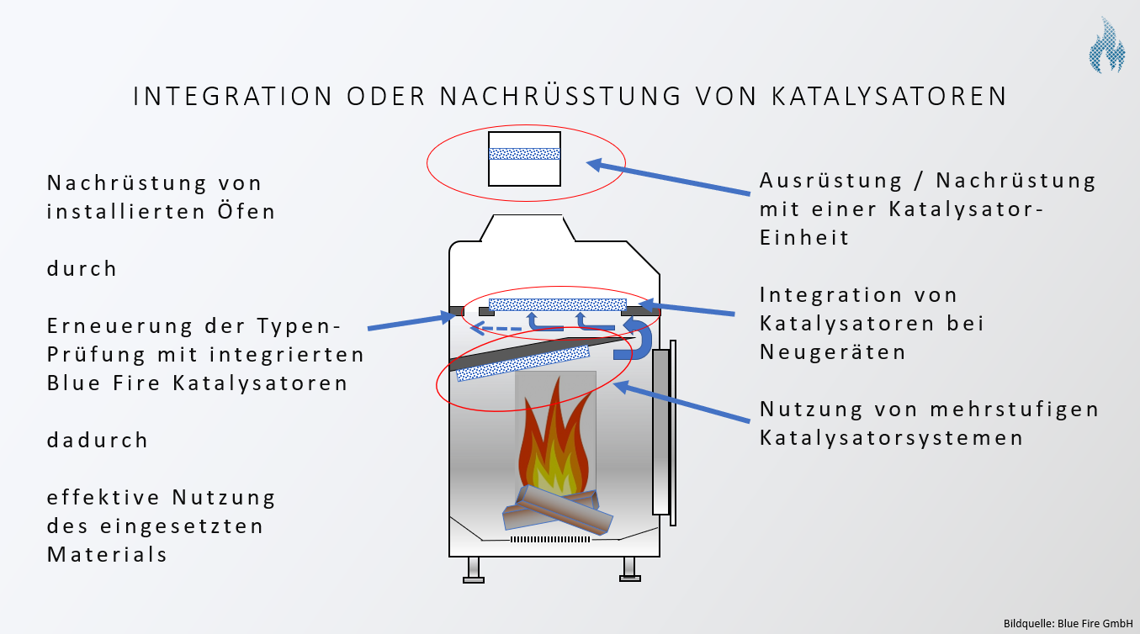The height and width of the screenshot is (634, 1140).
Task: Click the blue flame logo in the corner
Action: pyautogui.click(x=1107, y=45)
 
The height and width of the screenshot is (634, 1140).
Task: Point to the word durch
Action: pyautogui.click(x=82, y=269)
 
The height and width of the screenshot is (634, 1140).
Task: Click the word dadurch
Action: pyautogui.click(x=98, y=440)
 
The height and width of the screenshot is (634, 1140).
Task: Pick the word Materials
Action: pyautogui.click(x=107, y=554)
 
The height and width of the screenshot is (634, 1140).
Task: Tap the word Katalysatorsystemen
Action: pyautogui.click(x=892, y=438)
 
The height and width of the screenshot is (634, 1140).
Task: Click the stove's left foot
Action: pyautogui.click(x=474, y=569)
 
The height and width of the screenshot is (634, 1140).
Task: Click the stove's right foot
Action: pyautogui.click(x=628, y=569)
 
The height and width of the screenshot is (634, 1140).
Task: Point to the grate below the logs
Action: pyautogui.click(x=553, y=538)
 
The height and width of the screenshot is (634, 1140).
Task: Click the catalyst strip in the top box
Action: pyautogui.click(x=524, y=154)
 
